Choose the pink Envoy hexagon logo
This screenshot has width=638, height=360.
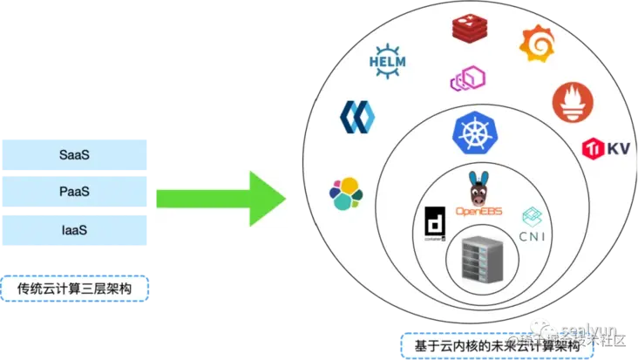point(467,79)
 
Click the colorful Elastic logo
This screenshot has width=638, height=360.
point(346,193)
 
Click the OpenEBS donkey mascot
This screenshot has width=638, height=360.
point(476,187)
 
